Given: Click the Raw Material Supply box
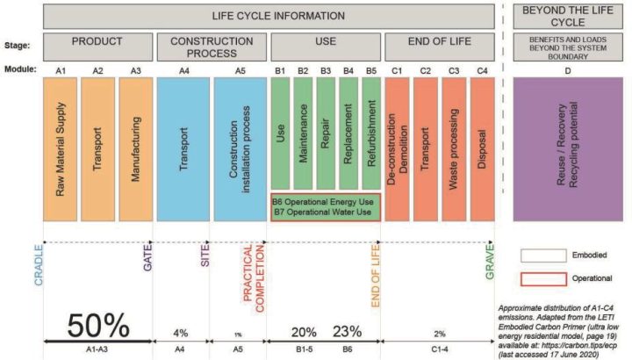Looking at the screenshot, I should click(x=59, y=148).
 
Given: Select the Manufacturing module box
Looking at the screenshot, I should click(x=134, y=148).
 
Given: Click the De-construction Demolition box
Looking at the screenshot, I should click(x=395, y=148).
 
